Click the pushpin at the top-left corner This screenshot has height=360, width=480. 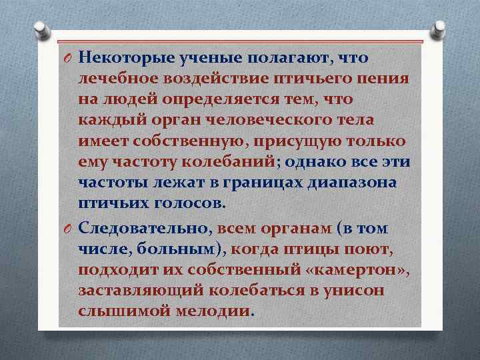pos(40,27)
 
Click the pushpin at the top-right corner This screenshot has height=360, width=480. pos(440,27)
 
